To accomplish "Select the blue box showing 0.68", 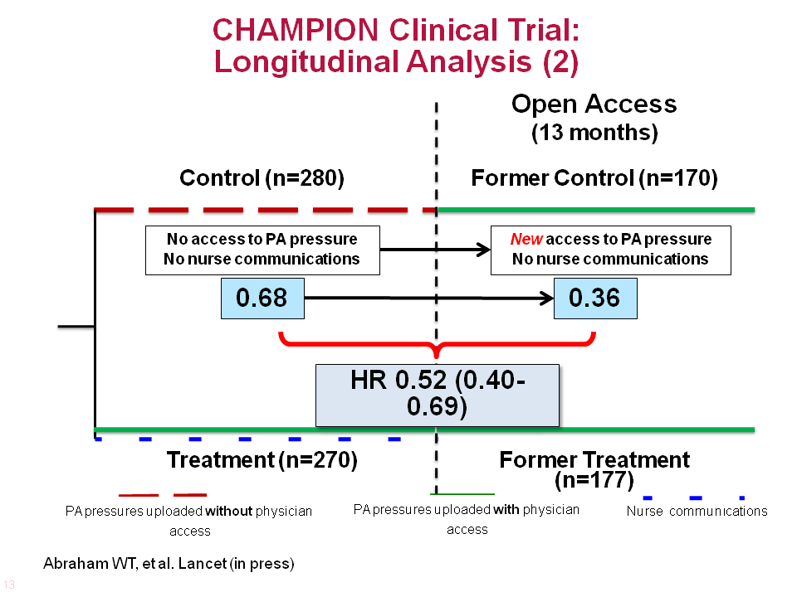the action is point(262,298).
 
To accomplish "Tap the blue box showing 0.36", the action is point(595,298).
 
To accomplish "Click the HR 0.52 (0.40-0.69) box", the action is point(438,395).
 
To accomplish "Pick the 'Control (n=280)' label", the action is point(262,178).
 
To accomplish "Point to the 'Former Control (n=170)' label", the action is point(594,178).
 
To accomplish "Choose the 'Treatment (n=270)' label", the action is point(262,460).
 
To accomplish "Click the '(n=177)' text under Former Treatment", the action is point(594,480).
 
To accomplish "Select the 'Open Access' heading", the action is point(594,104).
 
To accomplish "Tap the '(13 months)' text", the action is point(594,133).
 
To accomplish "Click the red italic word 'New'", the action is point(526,239).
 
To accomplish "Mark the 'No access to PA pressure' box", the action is point(262,250).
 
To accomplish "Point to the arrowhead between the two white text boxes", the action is point(483,250).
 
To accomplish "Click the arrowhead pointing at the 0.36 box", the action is point(547,298).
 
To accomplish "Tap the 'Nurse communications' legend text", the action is point(697,511).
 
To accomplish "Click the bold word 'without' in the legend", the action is point(228,511).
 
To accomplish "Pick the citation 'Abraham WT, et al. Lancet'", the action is point(134,564).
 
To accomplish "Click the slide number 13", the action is point(8,585).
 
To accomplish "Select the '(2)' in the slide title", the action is point(560,62).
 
